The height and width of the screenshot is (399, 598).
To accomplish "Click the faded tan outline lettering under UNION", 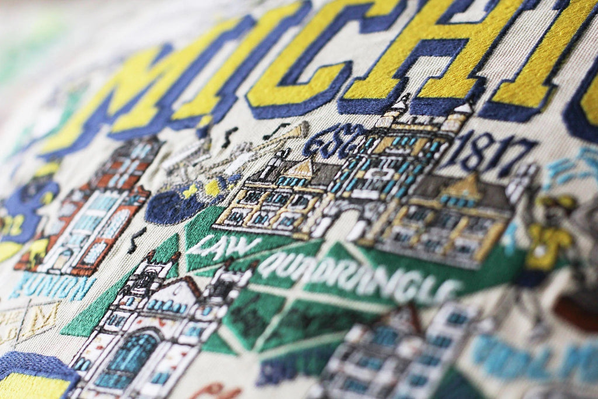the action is click(29, 321).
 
